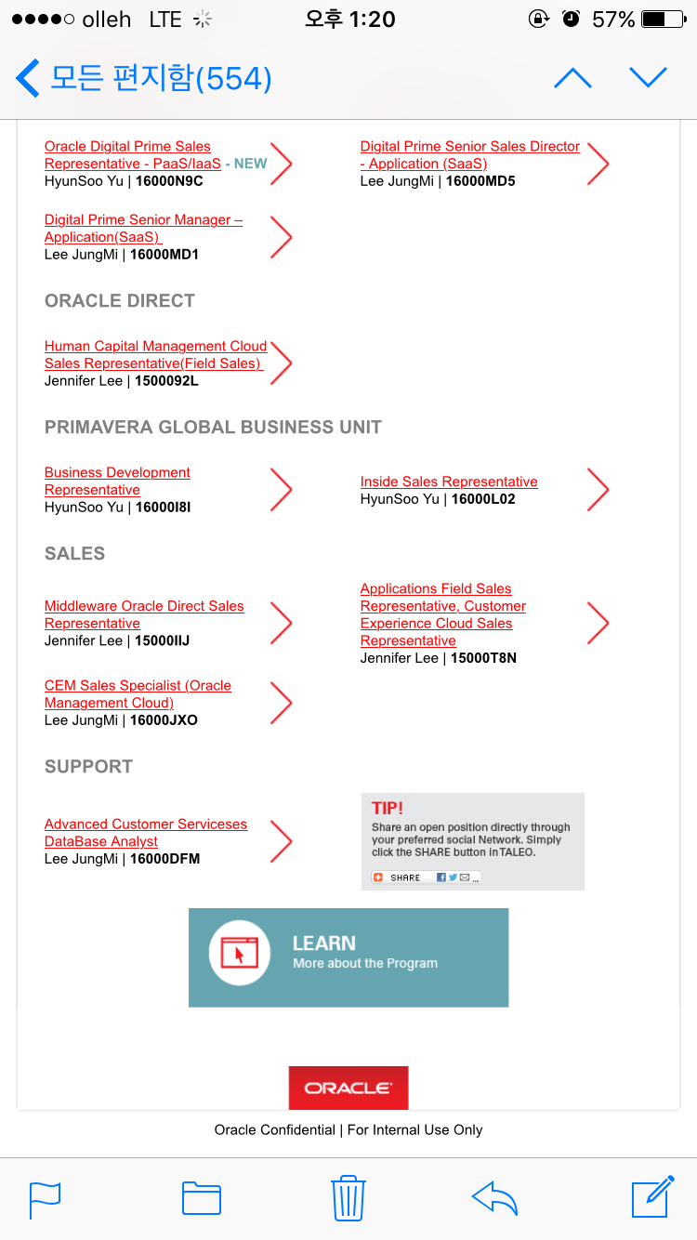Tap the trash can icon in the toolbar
(x=348, y=1197)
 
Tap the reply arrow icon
(x=494, y=1197)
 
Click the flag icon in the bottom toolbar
(x=46, y=1198)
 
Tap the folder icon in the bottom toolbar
(x=202, y=1198)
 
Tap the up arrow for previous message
(x=572, y=78)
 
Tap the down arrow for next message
(x=648, y=78)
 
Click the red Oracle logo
(x=348, y=1088)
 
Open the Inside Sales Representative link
(x=449, y=481)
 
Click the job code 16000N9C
(x=169, y=181)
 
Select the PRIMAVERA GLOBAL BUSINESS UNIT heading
(x=213, y=428)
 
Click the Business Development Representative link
(x=117, y=481)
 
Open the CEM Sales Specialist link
(x=138, y=694)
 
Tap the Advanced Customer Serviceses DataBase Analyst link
(x=146, y=833)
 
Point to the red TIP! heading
(x=388, y=809)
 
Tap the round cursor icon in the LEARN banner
(x=240, y=953)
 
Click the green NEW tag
(x=250, y=164)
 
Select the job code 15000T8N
(x=483, y=658)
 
